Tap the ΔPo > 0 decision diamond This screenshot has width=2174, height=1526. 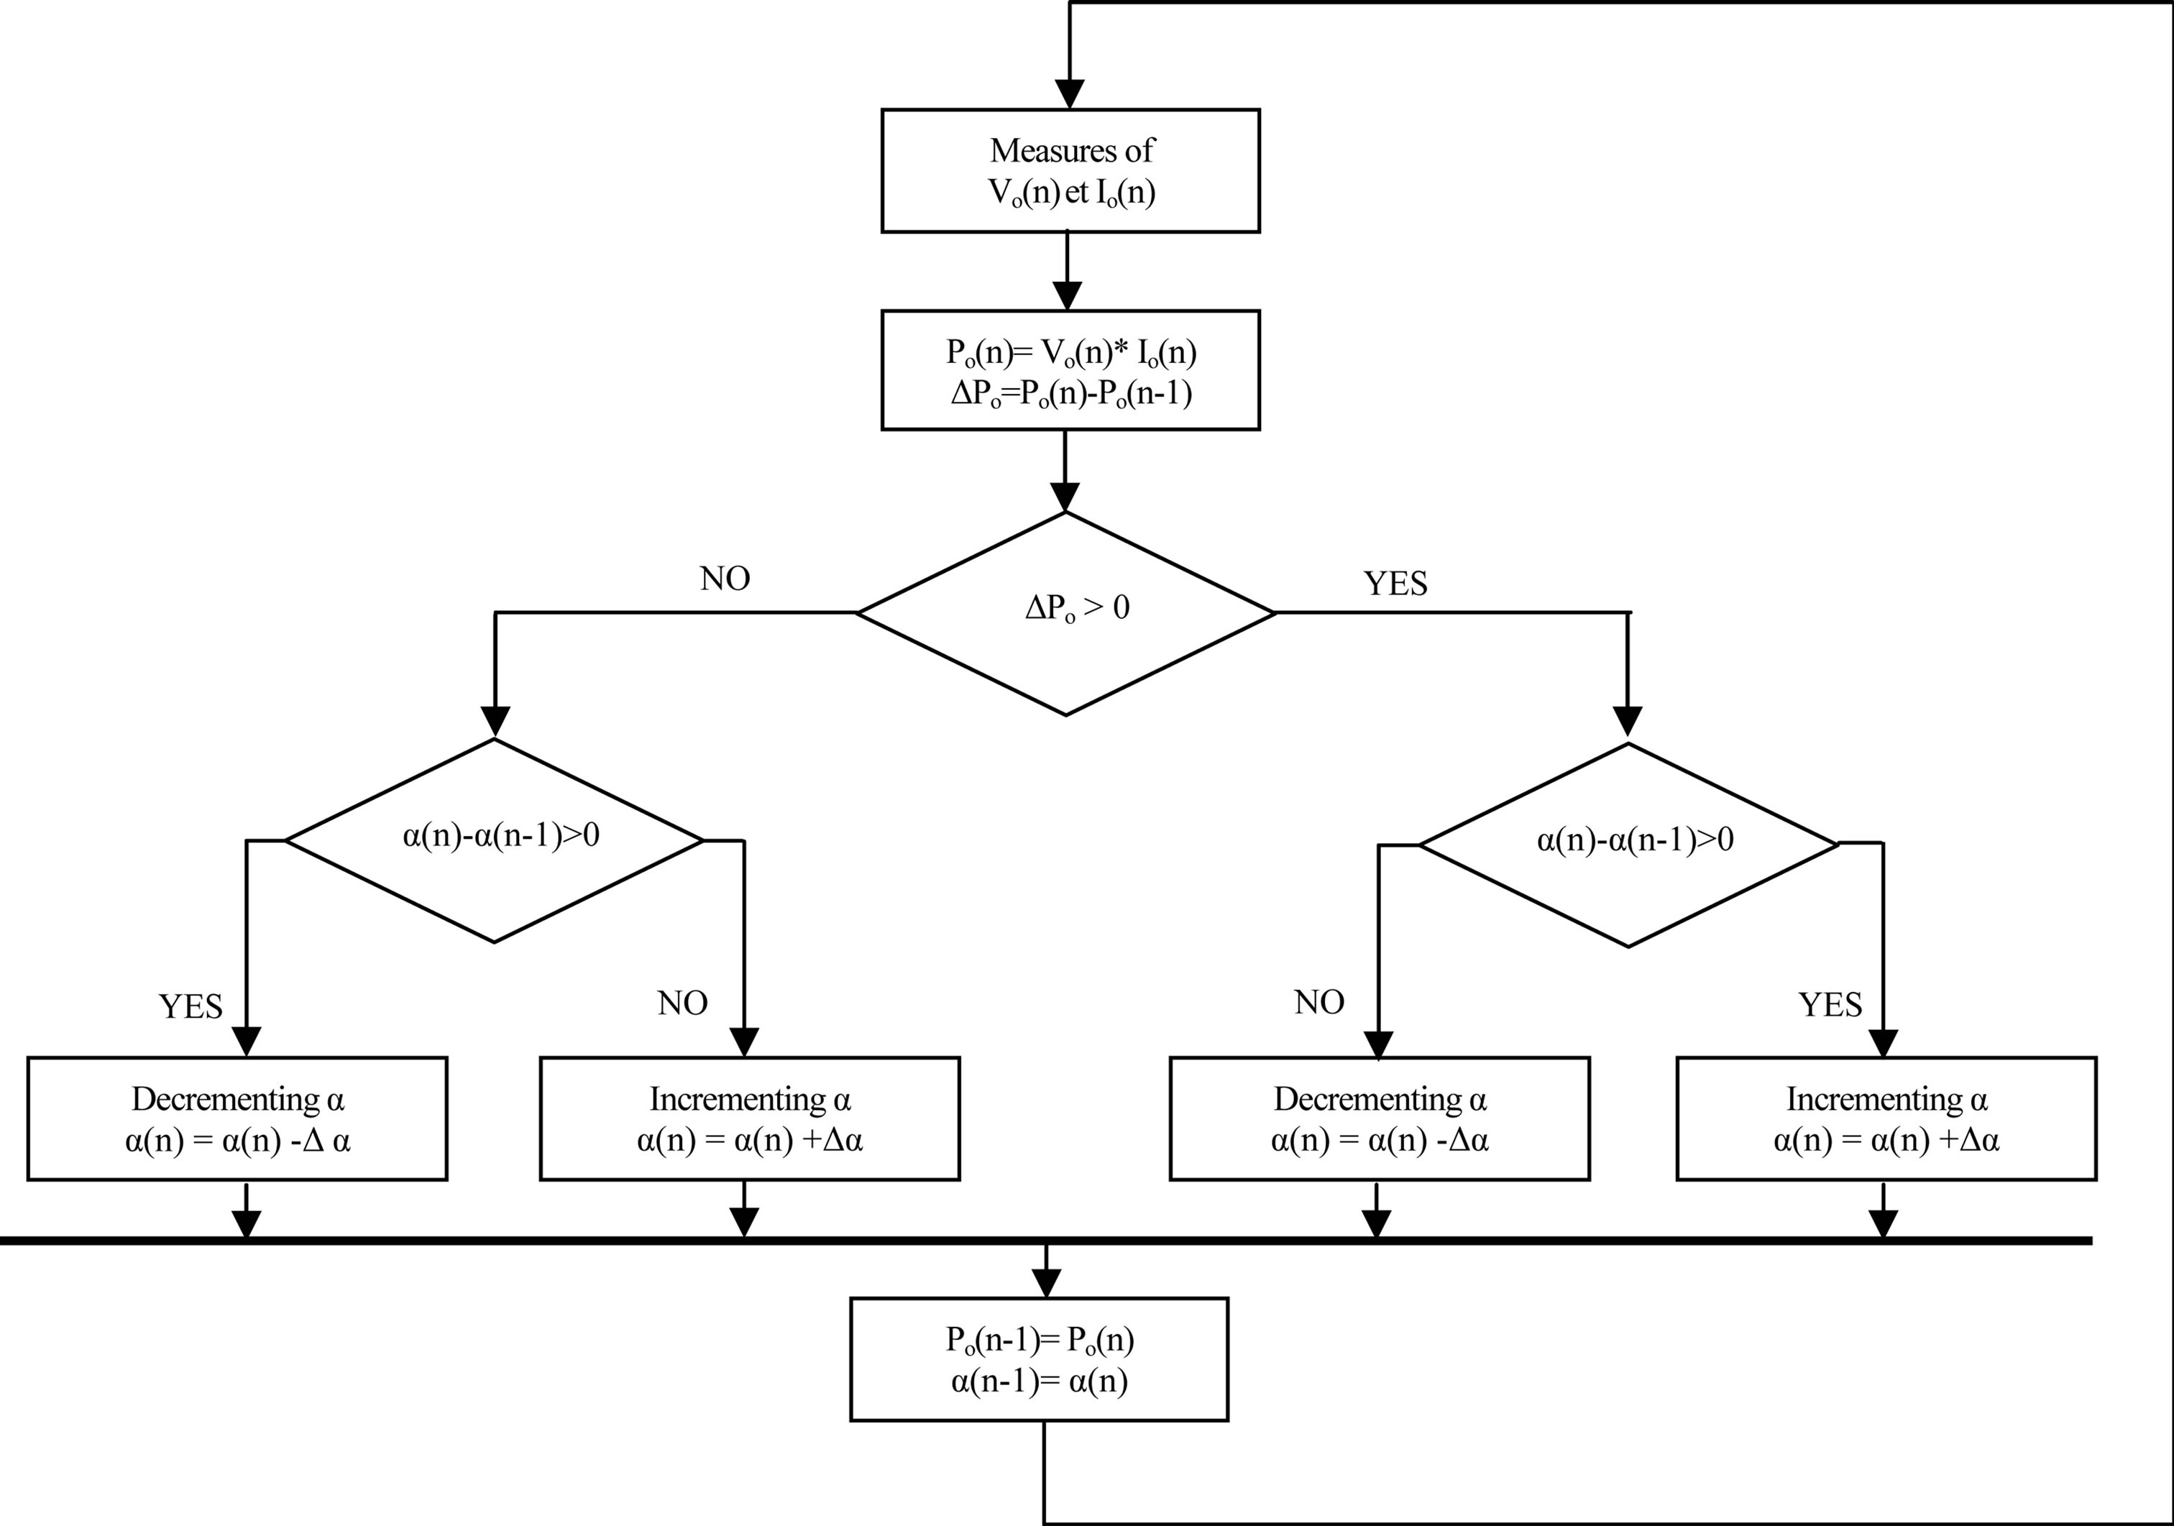(1066, 613)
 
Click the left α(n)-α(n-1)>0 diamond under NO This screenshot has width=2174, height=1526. (495, 840)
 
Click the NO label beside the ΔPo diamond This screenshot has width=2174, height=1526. (725, 579)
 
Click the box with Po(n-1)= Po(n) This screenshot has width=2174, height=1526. (1039, 1359)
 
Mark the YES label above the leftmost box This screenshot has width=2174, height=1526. (191, 1006)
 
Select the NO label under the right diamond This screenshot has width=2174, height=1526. (1319, 1001)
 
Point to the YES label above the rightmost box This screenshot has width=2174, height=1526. (1830, 1004)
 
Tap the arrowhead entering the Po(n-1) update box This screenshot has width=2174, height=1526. (1045, 1284)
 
